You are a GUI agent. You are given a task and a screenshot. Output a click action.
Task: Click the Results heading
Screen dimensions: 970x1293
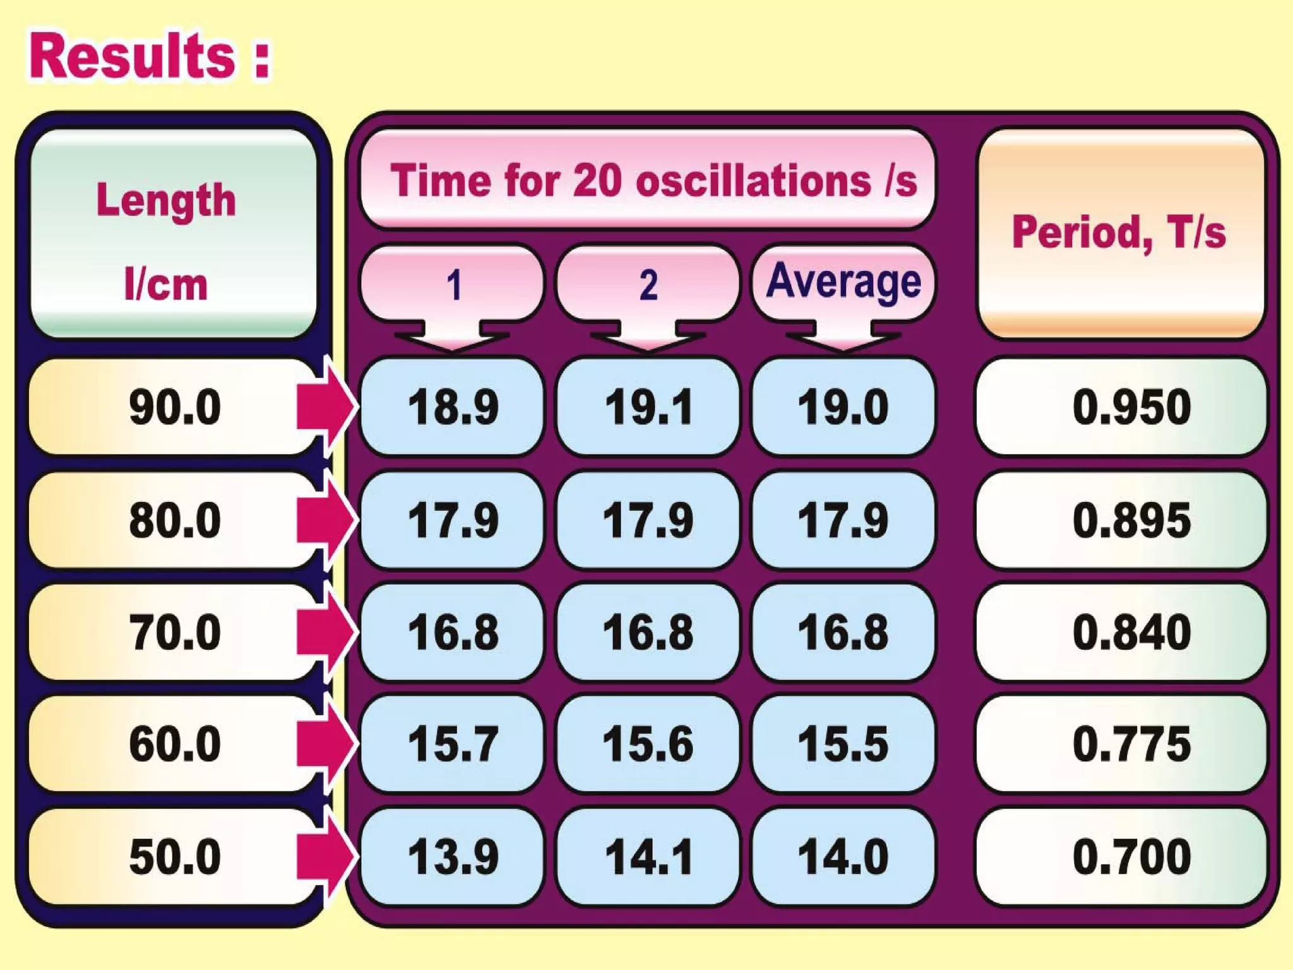[x=150, y=57]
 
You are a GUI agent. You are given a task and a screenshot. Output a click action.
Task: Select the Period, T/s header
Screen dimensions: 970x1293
[x=1120, y=232]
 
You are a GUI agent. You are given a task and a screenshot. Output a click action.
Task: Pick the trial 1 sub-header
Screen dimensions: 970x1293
[x=452, y=284]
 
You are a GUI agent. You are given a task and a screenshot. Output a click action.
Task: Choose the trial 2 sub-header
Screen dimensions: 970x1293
[x=648, y=284]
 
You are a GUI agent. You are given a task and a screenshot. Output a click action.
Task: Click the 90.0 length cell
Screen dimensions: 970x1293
[x=174, y=407]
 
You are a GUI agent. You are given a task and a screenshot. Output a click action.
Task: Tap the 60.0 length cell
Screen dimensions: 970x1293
[x=174, y=744]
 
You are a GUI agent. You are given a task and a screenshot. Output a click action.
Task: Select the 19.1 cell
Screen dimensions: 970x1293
[x=648, y=407]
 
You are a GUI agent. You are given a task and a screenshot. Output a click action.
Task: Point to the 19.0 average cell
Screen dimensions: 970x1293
[x=843, y=407]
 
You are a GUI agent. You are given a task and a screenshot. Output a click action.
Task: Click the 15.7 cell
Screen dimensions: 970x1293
[x=452, y=744]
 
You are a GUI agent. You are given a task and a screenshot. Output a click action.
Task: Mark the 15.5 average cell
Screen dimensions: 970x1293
[x=843, y=744]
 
